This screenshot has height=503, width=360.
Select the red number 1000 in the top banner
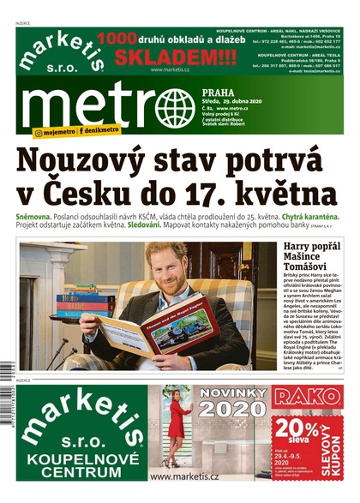click(117, 39)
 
